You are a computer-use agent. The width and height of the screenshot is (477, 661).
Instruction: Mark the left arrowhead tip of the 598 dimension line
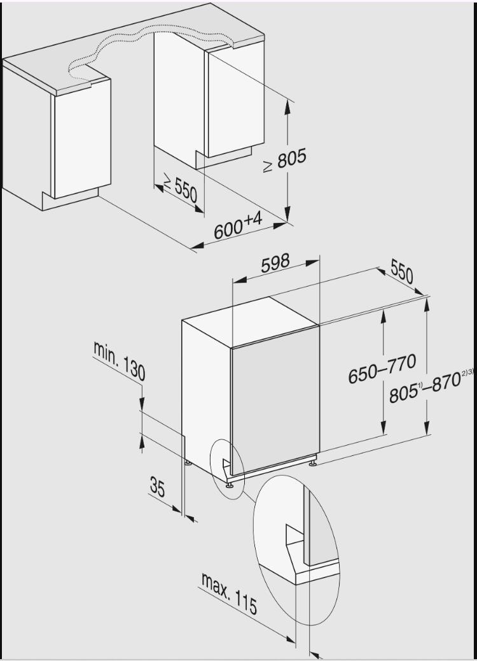coord(233,282)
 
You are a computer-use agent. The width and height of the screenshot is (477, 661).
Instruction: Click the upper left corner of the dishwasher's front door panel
coord(231,349)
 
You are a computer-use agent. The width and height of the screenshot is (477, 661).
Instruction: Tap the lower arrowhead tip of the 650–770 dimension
coord(383,434)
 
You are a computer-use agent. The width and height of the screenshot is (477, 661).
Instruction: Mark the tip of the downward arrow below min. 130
coord(142,410)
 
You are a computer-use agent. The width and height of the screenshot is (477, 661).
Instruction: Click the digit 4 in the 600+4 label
coord(257,219)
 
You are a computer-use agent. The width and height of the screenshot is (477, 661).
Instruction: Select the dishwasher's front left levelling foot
coord(230,483)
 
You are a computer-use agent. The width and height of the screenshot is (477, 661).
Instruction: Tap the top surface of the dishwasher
coord(250,322)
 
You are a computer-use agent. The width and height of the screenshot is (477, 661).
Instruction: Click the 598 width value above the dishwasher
coord(275,264)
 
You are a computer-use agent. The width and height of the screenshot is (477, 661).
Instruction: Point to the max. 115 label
coord(229,593)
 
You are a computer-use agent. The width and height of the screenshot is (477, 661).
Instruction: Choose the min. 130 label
coord(120,361)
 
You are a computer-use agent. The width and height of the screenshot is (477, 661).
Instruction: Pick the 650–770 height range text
coord(382,368)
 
